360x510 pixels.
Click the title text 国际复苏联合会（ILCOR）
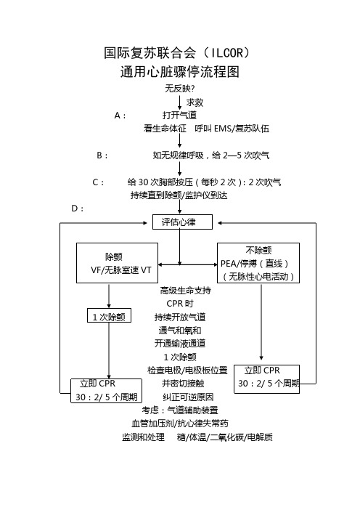tap(177, 53)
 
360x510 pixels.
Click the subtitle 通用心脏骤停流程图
tap(180, 72)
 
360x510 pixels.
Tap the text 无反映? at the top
tap(180, 89)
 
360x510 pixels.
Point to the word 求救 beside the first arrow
tap(195, 102)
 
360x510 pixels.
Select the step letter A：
tap(120, 116)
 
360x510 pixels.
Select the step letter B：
tap(102, 155)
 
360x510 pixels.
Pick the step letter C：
tap(98, 182)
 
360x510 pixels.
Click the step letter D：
tap(78, 209)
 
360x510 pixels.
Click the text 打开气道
tap(179, 115)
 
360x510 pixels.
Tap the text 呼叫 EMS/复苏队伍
tap(232, 129)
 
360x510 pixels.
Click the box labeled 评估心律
tap(182, 222)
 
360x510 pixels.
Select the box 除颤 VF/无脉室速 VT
tap(117, 263)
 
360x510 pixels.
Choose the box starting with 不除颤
tap(258, 263)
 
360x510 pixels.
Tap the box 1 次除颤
tap(109, 315)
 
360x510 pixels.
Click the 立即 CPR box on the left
tap(106, 391)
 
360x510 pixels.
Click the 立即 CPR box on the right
tap(267, 379)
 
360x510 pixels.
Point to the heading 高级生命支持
tap(186, 291)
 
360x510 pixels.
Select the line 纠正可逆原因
tap(188, 397)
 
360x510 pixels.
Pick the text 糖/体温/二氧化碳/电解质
tap(224, 437)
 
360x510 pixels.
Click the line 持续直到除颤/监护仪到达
tap(179, 195)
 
